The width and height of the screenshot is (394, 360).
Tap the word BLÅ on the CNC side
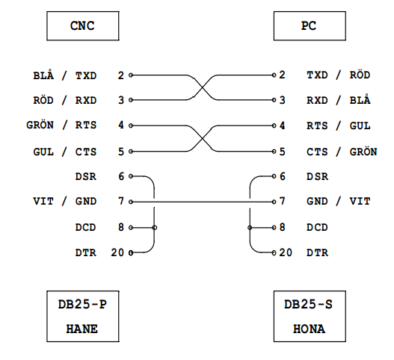(x=43, y=75)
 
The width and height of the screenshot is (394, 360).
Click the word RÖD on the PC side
(x=360, y=75)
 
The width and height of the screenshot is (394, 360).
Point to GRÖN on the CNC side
(x=40, y=125)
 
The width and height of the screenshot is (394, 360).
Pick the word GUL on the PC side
(x=360, y=125)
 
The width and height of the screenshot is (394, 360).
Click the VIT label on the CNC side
(x=43, y=202)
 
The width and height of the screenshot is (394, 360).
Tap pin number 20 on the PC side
(x=286, y=252)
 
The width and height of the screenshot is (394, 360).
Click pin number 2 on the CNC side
(x=121, y=75)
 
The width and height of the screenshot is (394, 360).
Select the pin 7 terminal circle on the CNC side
(x=131, y=202)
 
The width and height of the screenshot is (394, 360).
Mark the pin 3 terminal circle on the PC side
(x=274, y=100)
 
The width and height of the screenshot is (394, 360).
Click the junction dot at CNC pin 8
(x=155, y=228)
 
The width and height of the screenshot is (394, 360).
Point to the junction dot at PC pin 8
(x=250, y=228)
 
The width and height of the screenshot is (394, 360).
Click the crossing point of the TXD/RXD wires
(x=203, y=87)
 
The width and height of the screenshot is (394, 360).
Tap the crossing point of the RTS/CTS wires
(x=203, y=138)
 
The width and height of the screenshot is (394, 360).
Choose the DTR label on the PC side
(x=317, y=252)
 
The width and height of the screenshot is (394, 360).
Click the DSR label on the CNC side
(x=86, y=176)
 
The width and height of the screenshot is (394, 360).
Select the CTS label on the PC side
(x=317, y=152)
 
